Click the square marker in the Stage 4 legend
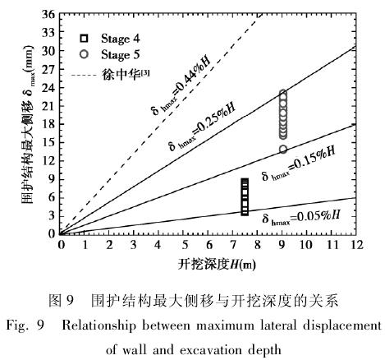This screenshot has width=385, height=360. click(x=84, y=39)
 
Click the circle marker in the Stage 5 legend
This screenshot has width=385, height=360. click(x=84, y=54)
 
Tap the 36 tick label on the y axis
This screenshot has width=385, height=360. click(x=48, y=14)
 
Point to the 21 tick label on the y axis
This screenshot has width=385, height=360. click(x=48, y=106)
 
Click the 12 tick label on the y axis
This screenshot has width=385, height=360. click(x=48, y=161)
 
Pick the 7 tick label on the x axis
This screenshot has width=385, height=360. click(x=232, y=245)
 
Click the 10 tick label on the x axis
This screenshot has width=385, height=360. click(x=306, y=245)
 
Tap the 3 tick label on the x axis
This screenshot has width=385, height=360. click(x=134, y=245)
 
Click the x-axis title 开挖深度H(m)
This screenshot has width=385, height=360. click(x=217, y=265)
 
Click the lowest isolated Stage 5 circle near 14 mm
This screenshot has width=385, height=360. click(x=283, y=149)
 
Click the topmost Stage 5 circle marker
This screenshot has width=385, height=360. click(x=283, y=94)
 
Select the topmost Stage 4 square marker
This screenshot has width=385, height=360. click(x=245, y=182)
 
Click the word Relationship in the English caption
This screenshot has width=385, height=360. click(x=99, y=326)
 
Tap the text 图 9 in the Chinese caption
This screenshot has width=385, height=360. click(x=62, y=301)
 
